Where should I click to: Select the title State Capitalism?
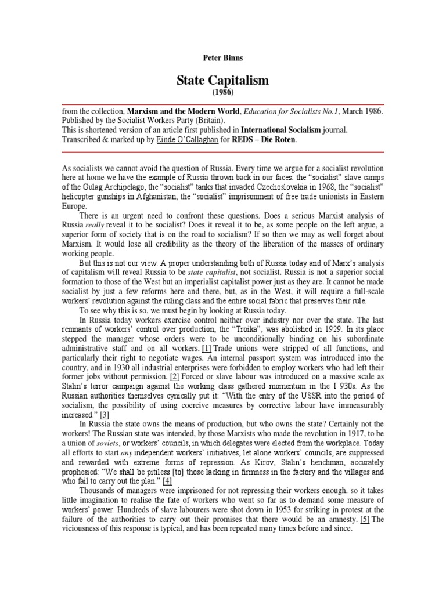[222, 81]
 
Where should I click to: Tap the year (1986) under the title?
[222, 92]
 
